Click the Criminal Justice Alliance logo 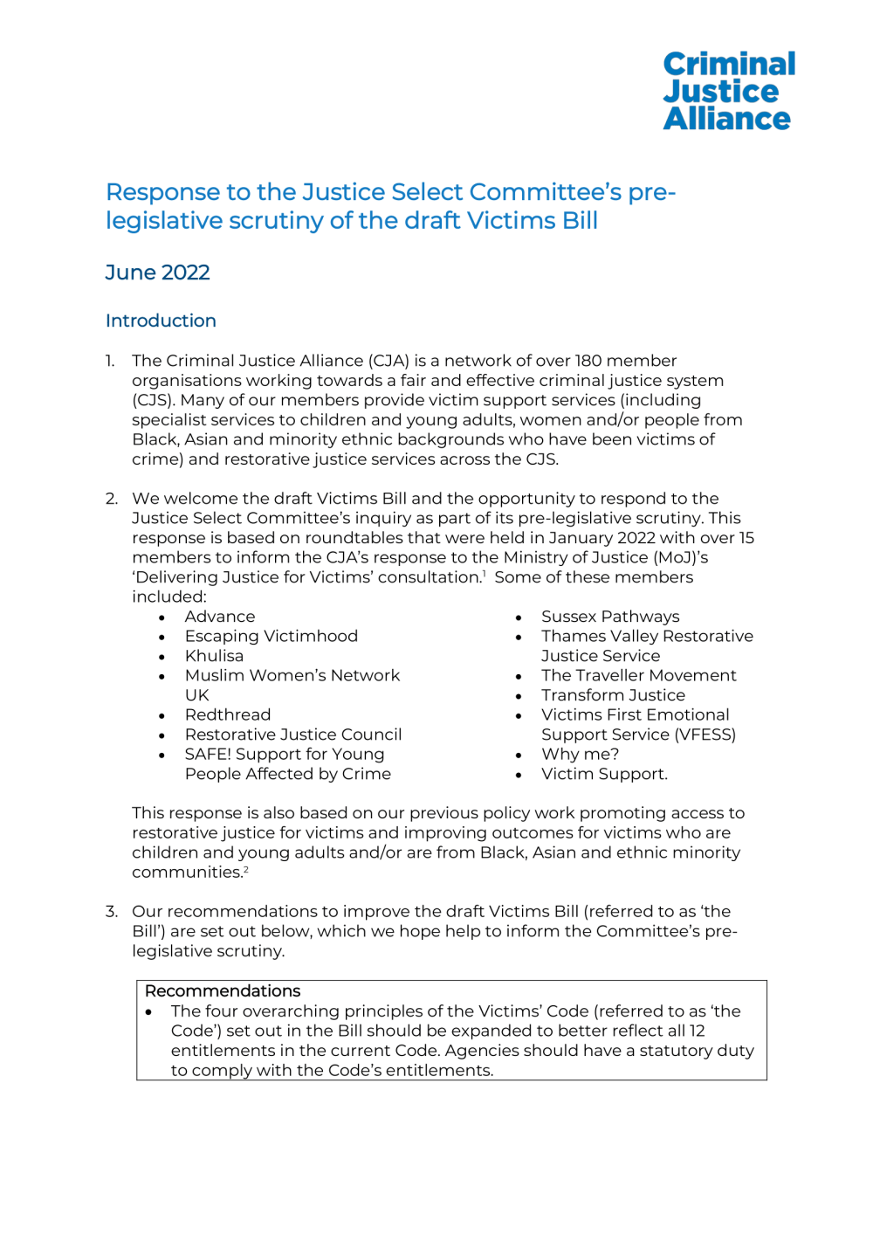pos(728,91)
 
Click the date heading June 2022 pos(157,273)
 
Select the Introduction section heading pos(161,321)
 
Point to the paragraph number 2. pos(111,499)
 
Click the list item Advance pos(220,617)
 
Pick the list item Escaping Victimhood pos(271,636)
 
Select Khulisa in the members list pos(214,656)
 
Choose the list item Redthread pos(227,714)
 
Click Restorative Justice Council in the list pos(293,735)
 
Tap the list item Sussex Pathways pos(609,617)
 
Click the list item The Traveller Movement pos(638,675)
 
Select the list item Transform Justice pos(613,695)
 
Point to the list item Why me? pos(580,754)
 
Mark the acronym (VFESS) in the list pos(706,735)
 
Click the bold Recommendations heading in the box pos(223,991)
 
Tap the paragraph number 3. pos(111,912)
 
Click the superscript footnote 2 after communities pos(246,869)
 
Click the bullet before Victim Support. pos(519,775)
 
